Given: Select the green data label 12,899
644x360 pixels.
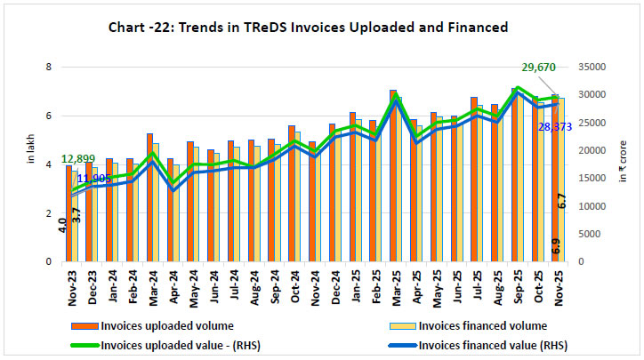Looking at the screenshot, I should (x=81, y=159).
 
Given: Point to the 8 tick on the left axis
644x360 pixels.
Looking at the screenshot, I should (x=49, y=68).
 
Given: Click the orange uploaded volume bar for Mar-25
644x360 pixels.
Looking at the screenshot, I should (x=392, y=178).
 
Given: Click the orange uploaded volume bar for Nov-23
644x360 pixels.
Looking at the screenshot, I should (x=68, y=213).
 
